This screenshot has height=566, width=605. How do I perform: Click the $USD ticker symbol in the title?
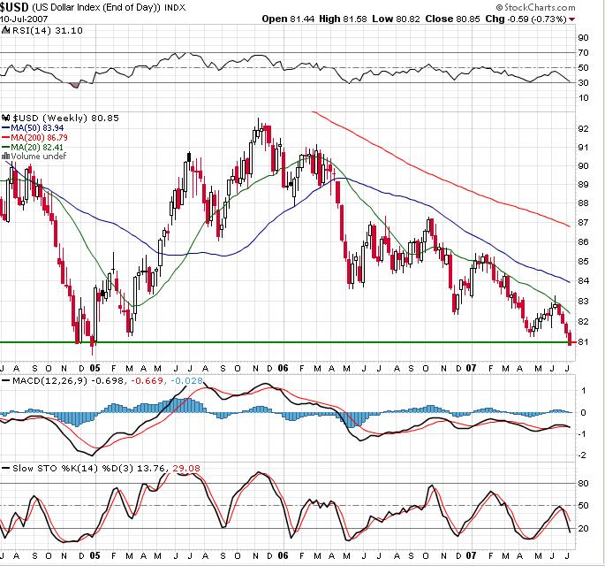point(18,7)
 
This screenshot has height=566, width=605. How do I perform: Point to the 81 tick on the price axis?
point(583,342)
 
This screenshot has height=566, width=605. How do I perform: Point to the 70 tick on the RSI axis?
point(583,53)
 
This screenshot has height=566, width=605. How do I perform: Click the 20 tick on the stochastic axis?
point(583,528)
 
